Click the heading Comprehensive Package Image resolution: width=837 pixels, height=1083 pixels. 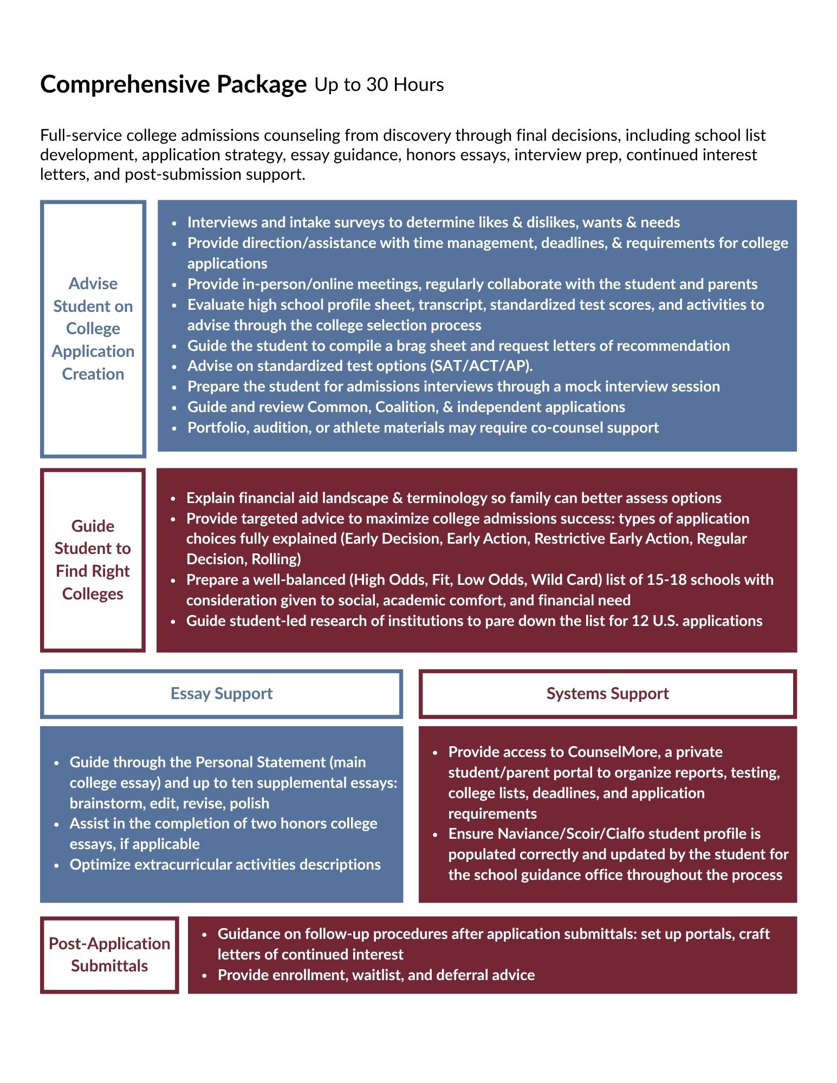[173, 84]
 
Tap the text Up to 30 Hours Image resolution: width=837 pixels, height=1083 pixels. [379, 84]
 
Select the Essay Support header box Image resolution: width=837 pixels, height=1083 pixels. [222, 694]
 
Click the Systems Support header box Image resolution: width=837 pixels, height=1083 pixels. [607, 694]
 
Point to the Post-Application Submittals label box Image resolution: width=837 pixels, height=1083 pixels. [109, 955]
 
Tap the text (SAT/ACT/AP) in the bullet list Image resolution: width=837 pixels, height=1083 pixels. [482, 366]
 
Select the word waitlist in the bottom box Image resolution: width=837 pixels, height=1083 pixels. [377, 975]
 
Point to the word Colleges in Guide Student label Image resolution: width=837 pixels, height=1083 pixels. [93, 594]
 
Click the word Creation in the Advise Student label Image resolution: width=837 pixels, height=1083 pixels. [93, 374]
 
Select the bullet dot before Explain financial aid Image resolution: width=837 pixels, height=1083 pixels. [173, 499]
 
